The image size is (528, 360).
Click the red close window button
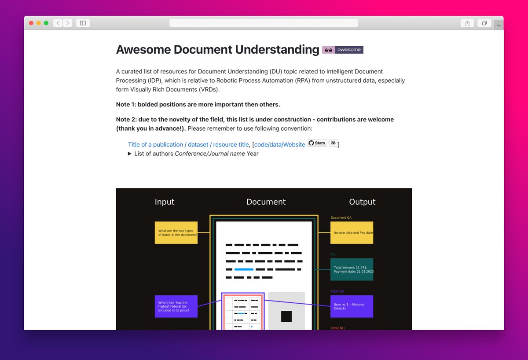31,23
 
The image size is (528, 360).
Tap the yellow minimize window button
39,23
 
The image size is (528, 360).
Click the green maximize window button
46,23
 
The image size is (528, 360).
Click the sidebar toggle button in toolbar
83,23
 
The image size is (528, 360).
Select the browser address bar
264,23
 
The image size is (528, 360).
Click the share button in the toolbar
467,23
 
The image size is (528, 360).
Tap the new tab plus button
499,25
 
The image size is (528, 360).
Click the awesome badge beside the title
343,50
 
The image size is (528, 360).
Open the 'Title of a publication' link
188,144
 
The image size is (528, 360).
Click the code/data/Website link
279,144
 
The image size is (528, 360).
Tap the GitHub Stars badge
317,143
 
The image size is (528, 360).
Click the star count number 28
333,143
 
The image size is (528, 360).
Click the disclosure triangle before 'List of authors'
130,154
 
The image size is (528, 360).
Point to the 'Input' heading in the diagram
165,202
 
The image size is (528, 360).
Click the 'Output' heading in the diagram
362,202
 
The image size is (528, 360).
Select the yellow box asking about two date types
176,233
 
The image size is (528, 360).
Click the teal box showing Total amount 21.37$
352,269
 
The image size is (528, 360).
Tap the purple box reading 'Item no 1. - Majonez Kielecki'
352,306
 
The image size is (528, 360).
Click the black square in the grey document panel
286,316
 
